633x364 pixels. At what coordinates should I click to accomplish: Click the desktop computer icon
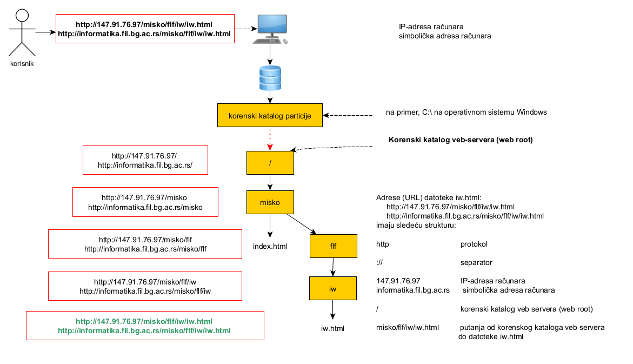click(270, 29)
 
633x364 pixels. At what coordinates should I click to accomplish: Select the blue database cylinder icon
click(270, 78)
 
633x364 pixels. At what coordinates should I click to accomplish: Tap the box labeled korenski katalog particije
click(270, 116)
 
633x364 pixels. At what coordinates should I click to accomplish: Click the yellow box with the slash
click(270, 162)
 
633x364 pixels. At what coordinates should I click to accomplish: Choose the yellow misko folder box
click(270, 202)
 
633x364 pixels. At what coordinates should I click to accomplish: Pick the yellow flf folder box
click(334, 246)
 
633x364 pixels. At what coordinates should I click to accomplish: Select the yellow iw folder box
click(333, 289)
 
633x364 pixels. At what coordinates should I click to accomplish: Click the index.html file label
click(270, 247)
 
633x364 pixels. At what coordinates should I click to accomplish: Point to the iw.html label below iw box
click(332, 328)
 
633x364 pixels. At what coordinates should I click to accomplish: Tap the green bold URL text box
click(144, 326)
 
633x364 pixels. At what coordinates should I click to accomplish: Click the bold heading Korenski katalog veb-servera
click(461, 140)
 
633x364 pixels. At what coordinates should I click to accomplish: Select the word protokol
click(474, 244)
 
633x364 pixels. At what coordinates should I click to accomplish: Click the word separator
click(476, 263)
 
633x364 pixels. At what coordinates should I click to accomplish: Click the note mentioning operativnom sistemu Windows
click(466, 112)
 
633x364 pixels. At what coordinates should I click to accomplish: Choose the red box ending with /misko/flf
click(145, 244)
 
